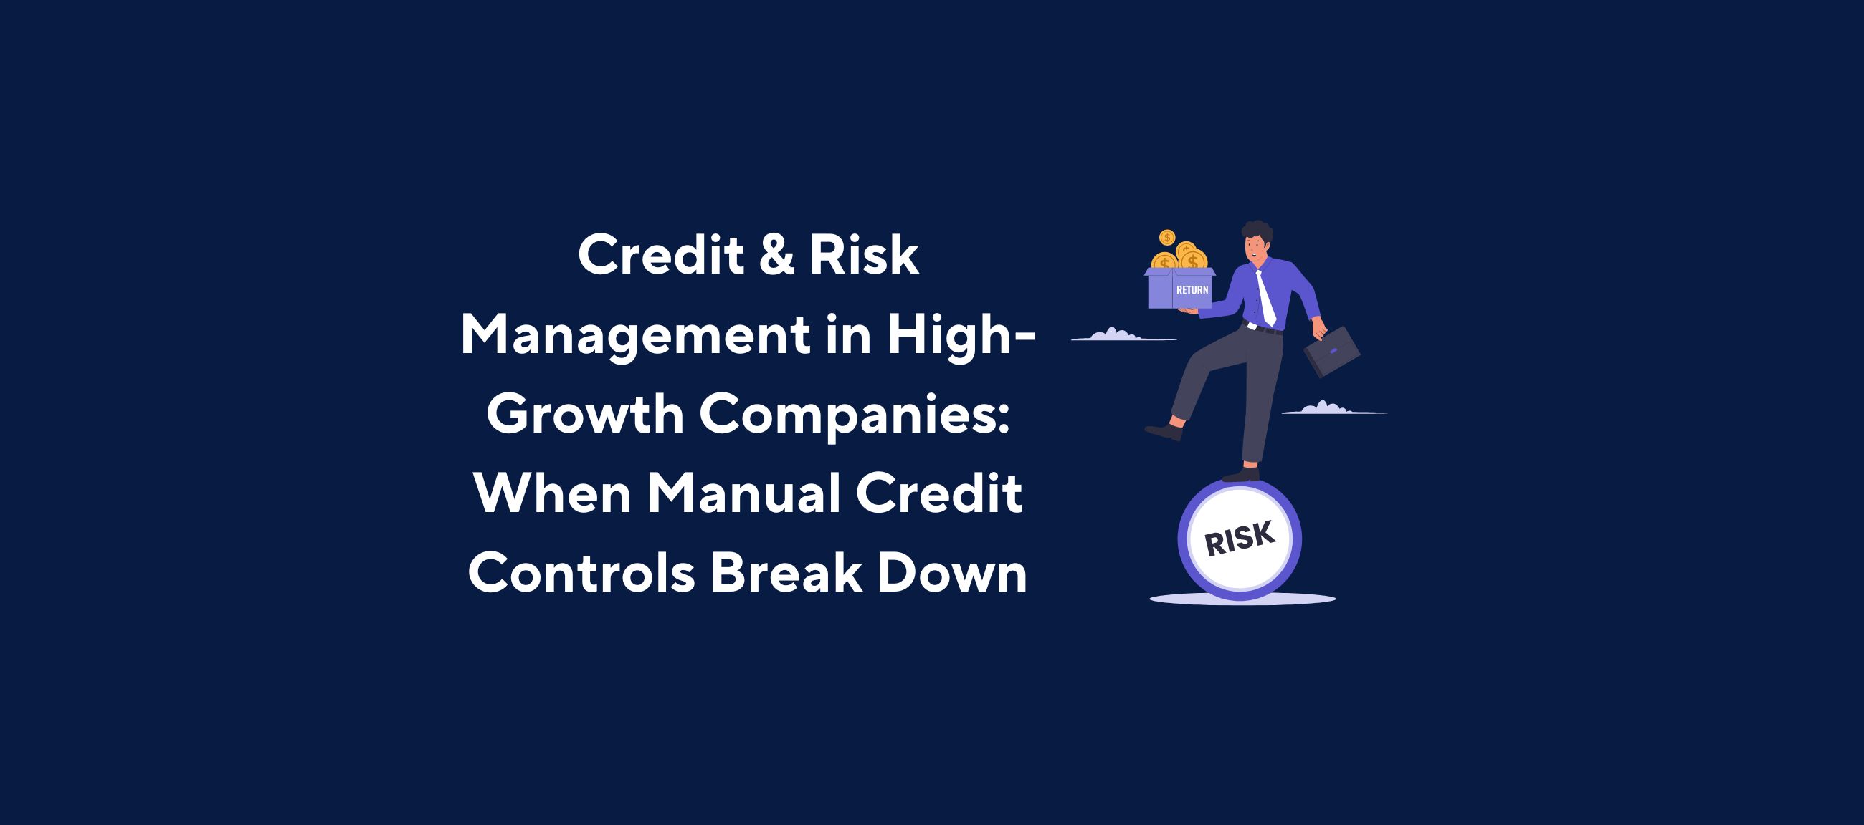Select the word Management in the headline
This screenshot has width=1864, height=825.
tap(635, 337)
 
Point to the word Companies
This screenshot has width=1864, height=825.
tap(854, 416)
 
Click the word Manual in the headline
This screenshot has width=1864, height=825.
tap(743, 494)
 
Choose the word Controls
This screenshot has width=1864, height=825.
tap(581, 574)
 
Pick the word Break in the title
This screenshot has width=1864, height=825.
tap(786, 574)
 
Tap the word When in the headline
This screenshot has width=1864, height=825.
tap(552, 494)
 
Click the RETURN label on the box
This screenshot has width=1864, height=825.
tap(1192, 290)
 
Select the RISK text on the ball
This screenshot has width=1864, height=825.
tap(1240, 539)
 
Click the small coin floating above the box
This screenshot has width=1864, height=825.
tap(1166, 237)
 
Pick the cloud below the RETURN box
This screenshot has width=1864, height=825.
tap(1114, 334)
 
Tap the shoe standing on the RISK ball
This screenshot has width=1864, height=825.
tap(1241, 475)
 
